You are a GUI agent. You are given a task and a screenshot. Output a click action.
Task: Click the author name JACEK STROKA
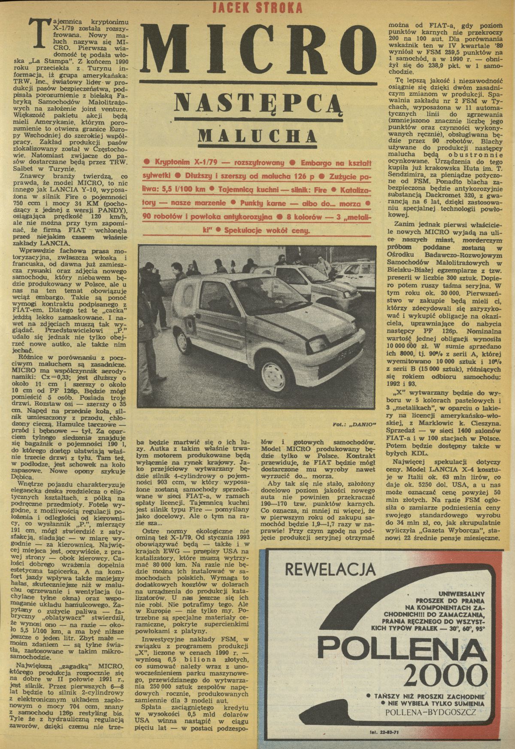click(258, 8)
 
